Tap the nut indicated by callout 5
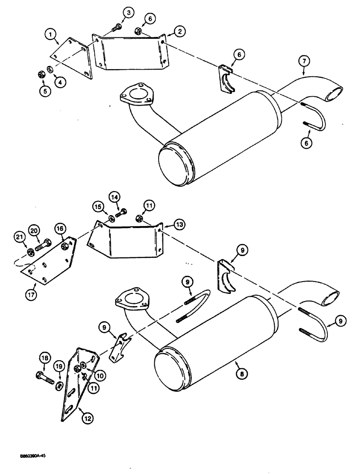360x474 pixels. [x=41, y=74]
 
